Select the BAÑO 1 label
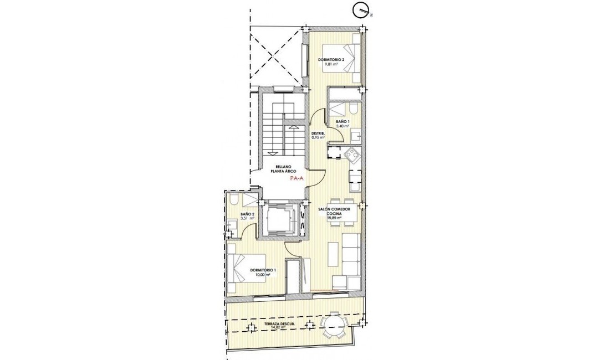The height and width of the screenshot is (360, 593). pyautogui.click(x=342, y=121)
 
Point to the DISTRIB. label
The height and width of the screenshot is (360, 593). pyautogui.click(x=318, y=133)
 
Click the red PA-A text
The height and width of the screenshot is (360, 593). pyautogui.click(x=297, y=179)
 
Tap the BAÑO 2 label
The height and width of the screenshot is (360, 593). pyautogui.click(x=247, y=214)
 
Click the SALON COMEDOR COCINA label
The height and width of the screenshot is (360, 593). pyautogui.click(x=334, y=211)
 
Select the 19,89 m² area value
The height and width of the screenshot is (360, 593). pyautogui.click(x=334, y=218)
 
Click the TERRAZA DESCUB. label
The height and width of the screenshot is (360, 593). pyautogui.click(x=282, y=323)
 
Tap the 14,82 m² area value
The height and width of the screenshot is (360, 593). pyautogui.click(x=278, y=327)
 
